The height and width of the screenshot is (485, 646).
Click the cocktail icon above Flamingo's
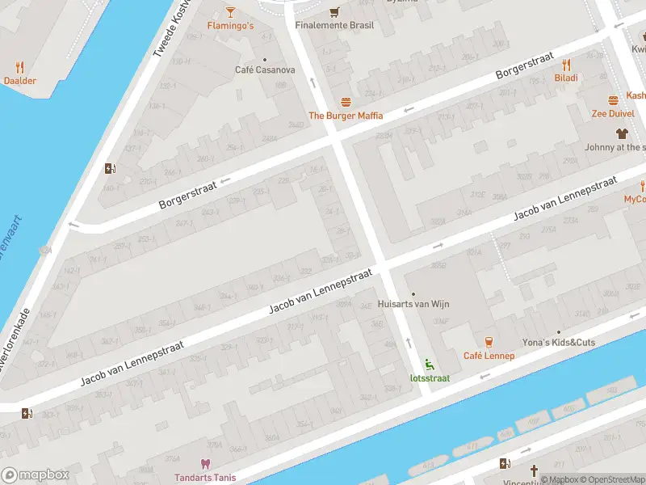click(x=230, y=11)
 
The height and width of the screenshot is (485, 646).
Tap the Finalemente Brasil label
click(x=334, y=26)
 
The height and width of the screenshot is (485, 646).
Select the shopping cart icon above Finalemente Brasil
click(x=334, y=11)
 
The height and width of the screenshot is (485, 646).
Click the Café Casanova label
click(x=265, y=70)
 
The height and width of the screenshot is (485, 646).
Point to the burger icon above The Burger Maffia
click(x=346, y=102)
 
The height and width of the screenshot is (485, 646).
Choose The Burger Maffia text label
click(x=346, y=116)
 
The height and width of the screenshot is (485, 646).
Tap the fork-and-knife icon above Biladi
click(x=566, y=65)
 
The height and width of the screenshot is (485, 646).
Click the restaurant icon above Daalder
click(x=20, y=67)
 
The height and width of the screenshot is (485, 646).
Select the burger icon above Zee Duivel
click(x=613, y=100)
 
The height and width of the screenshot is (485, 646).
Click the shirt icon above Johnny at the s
click(x=621, y=133)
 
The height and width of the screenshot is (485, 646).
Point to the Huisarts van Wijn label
click(x=413, y=305)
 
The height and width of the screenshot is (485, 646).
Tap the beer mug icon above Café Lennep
click(x=489, y=342)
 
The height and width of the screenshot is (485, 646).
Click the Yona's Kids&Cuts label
click(x=558, y=343)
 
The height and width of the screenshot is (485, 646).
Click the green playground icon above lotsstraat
click(x=428, y=364)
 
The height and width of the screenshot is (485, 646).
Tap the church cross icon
click(x=533, y=470)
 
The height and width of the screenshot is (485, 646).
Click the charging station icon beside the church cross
click(x=505, y=464)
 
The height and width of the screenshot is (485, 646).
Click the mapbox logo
click(x=36, y=475)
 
